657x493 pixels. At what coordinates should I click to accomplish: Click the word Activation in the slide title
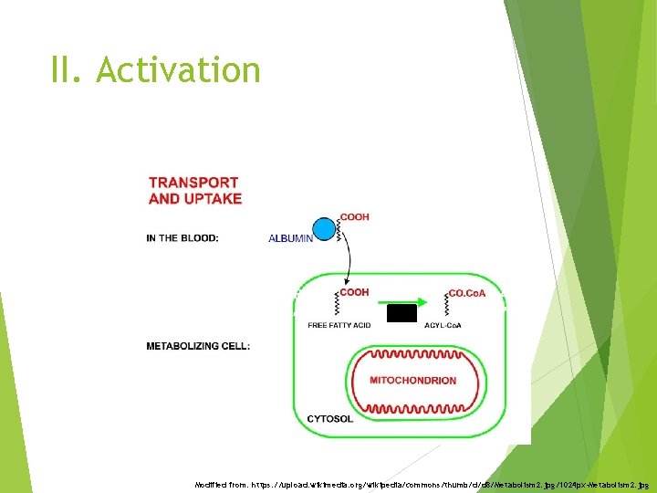pos(178,70)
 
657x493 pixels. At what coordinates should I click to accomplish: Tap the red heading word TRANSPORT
pos(193,183)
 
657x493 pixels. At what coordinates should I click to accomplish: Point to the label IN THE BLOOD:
pos(182,238)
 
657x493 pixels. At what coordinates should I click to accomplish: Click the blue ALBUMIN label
pos(290,238)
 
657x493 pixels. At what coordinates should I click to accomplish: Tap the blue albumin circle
pos(324,229)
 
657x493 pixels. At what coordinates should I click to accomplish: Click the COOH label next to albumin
pos(354,217)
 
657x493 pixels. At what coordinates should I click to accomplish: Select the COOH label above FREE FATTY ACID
pos(354,292)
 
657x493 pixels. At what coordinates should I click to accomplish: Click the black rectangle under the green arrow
pos(401,314)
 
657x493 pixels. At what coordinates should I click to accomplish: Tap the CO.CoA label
pos(467,292)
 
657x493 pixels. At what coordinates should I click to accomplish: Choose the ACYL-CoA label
pos(443,325)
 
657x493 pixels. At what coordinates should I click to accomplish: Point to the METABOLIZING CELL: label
pos(198,346)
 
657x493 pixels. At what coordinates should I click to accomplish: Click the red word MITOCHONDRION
pos(412,380)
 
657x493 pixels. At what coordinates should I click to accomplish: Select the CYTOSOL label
pos(329,418)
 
